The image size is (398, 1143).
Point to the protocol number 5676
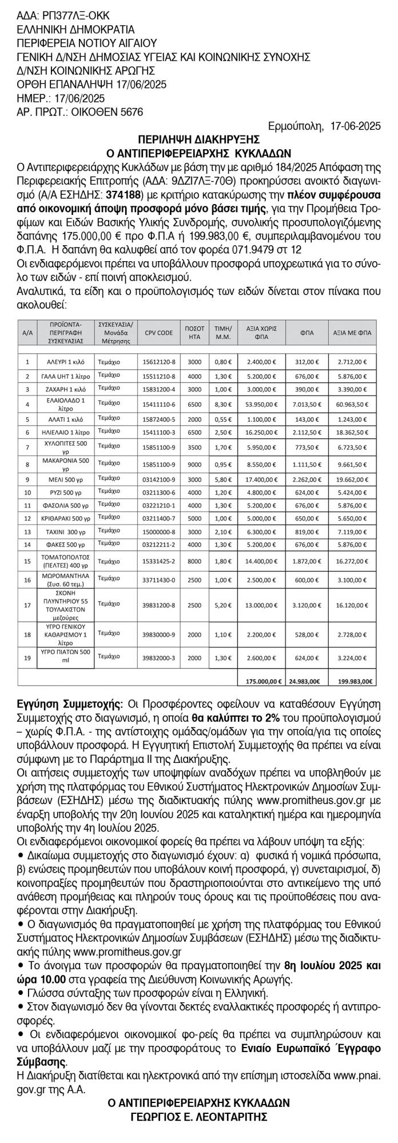(x=130, y=112)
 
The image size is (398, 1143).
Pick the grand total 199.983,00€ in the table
(x=353, y=681)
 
